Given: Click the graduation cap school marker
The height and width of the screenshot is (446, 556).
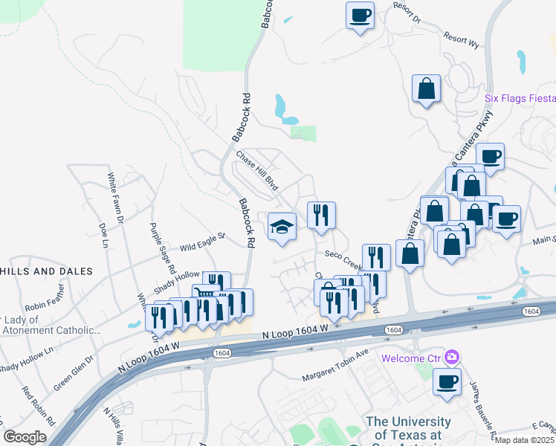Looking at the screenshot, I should (282, 225).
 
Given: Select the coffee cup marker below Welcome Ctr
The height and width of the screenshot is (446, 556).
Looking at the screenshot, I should (447, 381).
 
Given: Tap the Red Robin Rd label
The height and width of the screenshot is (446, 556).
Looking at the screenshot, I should (38, 405).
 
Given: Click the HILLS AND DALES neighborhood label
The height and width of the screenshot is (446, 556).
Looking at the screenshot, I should (46, 271).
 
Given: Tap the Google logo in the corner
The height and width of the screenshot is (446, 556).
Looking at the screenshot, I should (25, 437).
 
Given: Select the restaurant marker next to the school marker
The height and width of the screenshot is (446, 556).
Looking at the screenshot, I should (321, 215).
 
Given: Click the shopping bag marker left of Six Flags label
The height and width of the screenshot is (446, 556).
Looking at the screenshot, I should (427, 88).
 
